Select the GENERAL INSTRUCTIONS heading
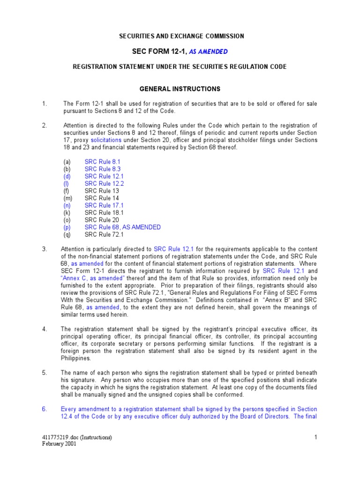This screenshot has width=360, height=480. pyautogui.click(x=180, y=89)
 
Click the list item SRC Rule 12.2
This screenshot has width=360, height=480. pyautogui.click(x=104, y=184)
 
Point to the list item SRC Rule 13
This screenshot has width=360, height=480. pyautogui.click(x=102, y=191)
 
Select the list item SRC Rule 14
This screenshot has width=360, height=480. pyautogui.click(x=102, y=198)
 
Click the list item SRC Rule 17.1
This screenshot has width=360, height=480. pyautogui.click(x=104, y=205)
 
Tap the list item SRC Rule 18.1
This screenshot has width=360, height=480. pyautogui.click(x=104, y=213)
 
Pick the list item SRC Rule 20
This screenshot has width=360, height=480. pyautogui.click(x=102, y=220)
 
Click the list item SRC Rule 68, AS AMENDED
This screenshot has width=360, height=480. pyautogui.click(x=122, y=227)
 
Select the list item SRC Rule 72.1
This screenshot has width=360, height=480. pyautogui.click(x=104, y=234)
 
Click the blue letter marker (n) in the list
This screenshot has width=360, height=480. pyautogui.click(x=67, y=205)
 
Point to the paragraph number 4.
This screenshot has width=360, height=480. pyautogui.click(x=44, y=329)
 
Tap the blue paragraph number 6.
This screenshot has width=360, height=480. pyautogui.click(x=44, y=409)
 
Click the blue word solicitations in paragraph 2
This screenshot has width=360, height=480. pyautogui.click(x=106, y=140)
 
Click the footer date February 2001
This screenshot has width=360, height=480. pyautogui.click(x=59, y=444)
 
